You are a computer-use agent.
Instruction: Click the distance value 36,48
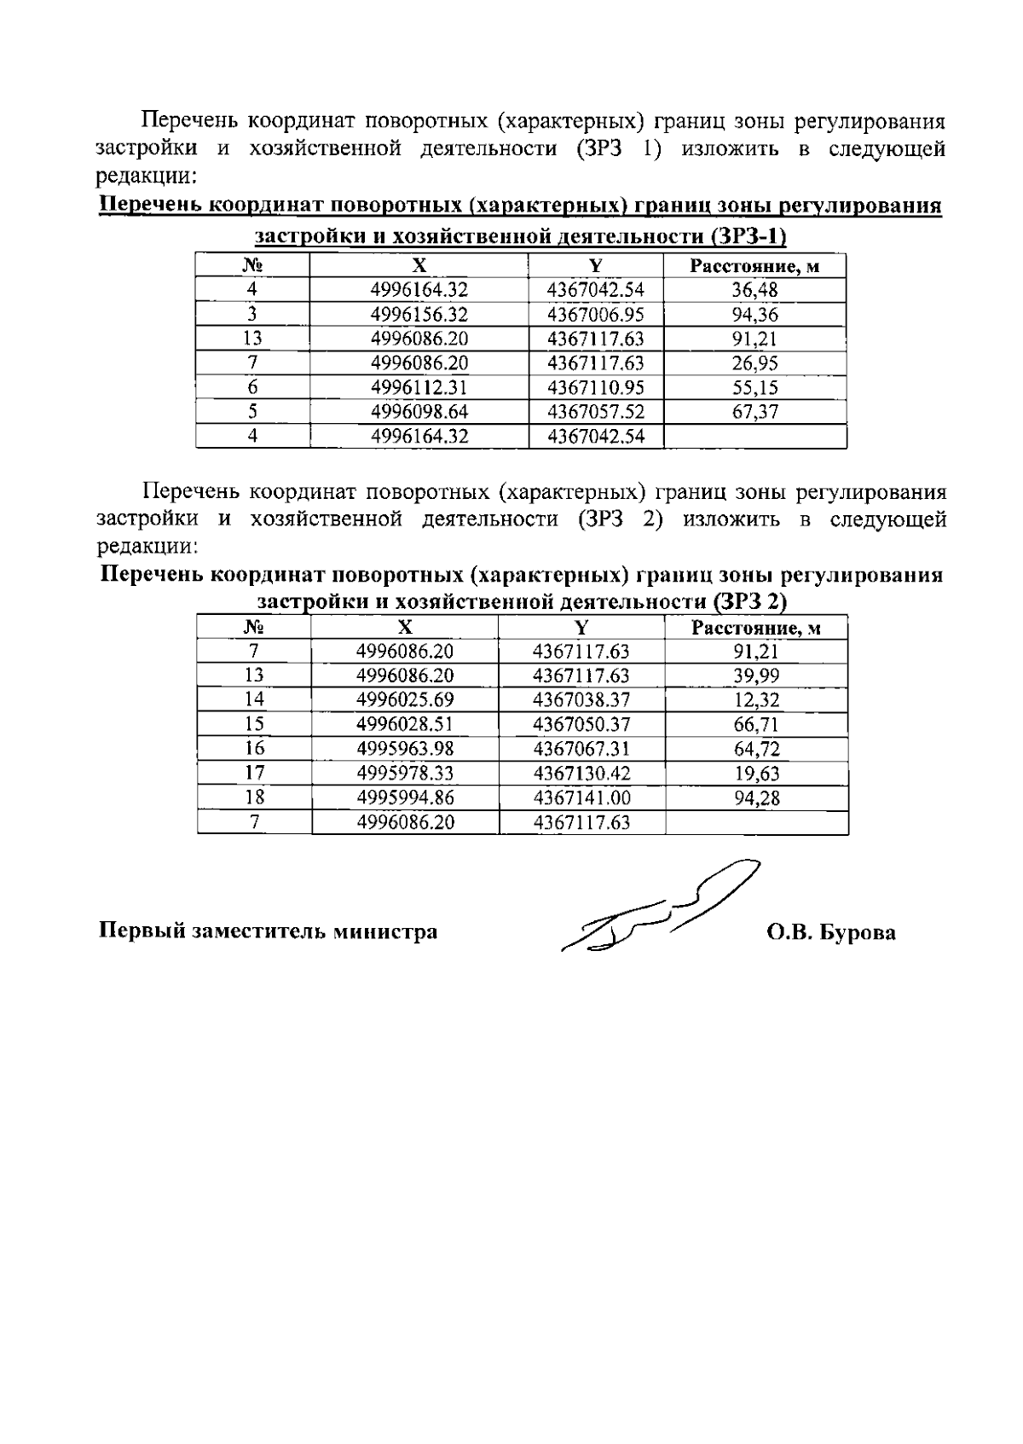(754, 290)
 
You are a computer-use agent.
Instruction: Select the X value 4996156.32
(419, 315)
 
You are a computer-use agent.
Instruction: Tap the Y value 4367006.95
(595, 315)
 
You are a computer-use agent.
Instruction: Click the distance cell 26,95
(754, 363)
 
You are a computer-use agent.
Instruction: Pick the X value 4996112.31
(419, 388)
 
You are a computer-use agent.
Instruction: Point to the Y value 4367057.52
(595, 412)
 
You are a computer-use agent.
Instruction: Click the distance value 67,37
(754, 412)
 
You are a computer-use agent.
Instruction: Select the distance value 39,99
(756, 676)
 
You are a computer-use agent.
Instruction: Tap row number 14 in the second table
(254, 700)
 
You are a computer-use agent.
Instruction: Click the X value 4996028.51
(405, 725)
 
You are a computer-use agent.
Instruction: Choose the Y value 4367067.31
(581, 749)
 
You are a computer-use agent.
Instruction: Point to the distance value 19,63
(756, 774)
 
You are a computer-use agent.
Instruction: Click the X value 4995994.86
(405, 798)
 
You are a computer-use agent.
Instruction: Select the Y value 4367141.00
(581, 798)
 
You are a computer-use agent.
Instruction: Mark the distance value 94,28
(756, 798)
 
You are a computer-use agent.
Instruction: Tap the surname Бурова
(857, 932)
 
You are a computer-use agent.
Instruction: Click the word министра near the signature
(384, 931)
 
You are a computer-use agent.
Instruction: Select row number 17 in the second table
(254, 774)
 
